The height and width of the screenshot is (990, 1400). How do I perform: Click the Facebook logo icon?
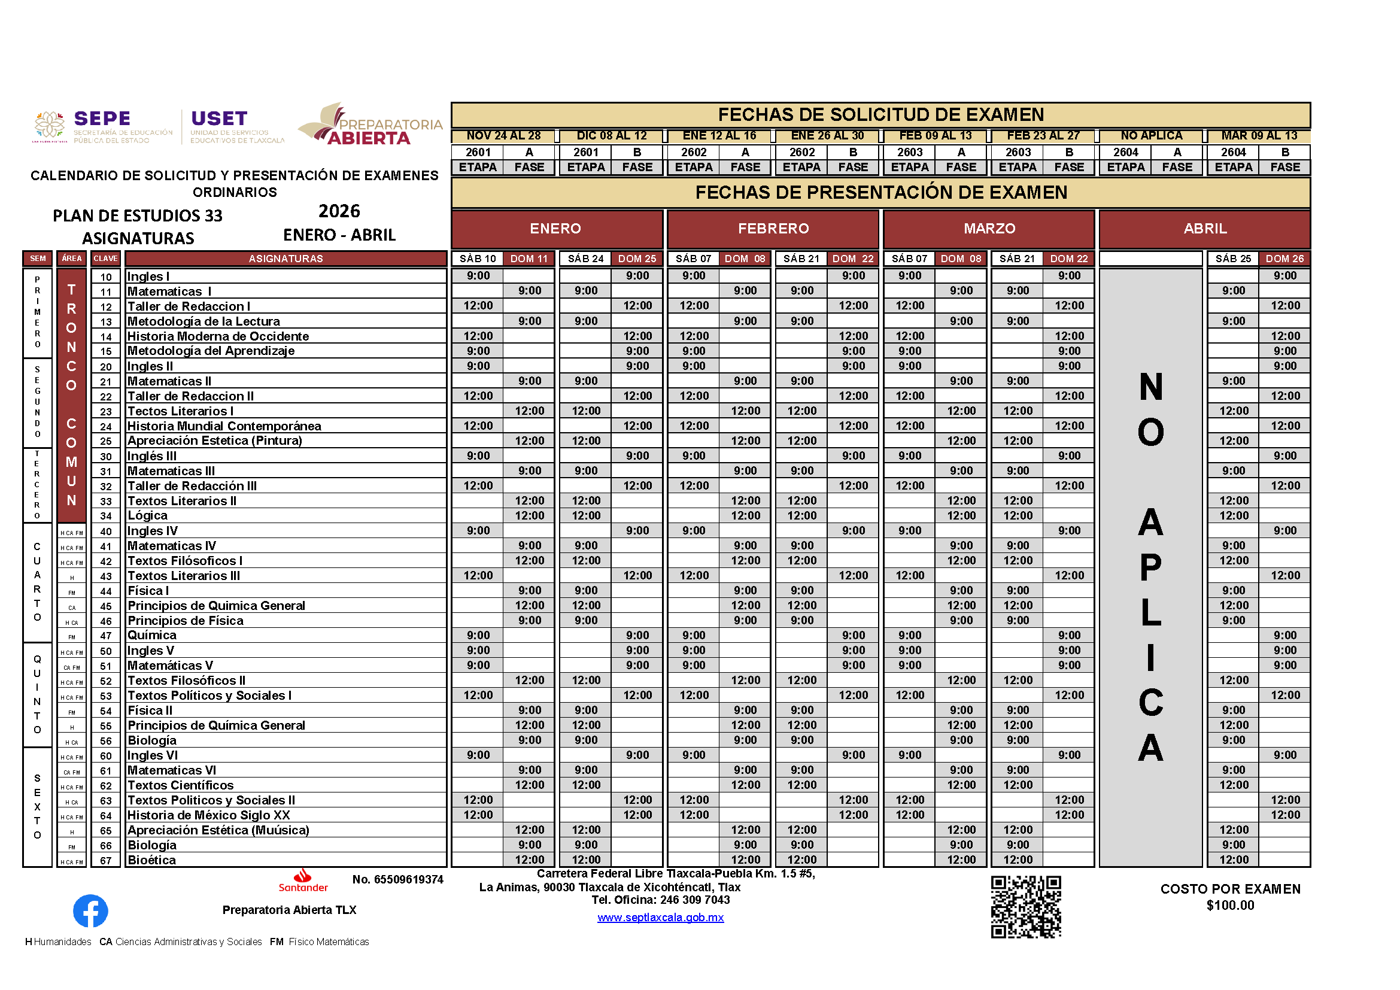[x=90, y=911]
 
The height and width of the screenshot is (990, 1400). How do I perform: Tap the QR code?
[x=1026, y=906]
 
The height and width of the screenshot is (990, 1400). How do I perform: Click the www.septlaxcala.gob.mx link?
[x=660, y=918]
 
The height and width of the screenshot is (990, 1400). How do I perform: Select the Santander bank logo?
[x=303, y=881]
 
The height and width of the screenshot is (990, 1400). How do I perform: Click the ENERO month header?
[x=555, y=229]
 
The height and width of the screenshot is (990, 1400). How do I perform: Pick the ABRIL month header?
[x=1204, y=229]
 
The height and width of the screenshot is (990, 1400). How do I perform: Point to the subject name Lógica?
[x=148, y=516]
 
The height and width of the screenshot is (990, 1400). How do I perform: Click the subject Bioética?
[x=152, y=860]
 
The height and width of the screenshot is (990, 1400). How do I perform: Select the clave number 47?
[x=106, y=636]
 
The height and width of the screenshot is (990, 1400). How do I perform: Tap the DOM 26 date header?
[x=1284, y=259]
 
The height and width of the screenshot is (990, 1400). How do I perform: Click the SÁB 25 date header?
[x=1232, y=259]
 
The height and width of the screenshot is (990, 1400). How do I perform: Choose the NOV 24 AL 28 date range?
[x=503, y=135]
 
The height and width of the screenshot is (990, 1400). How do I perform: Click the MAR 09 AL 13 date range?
[x=1259, y=135]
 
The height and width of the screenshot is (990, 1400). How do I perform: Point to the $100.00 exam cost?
[x=1230, y=905]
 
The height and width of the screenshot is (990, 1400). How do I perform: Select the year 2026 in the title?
[x=339, y=211]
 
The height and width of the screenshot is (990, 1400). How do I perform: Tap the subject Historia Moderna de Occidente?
[x=218, y=336]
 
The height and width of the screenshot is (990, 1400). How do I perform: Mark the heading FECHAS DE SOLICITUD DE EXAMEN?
[x=880, y=114]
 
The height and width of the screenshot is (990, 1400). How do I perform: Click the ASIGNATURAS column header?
[x=286, y=259]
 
